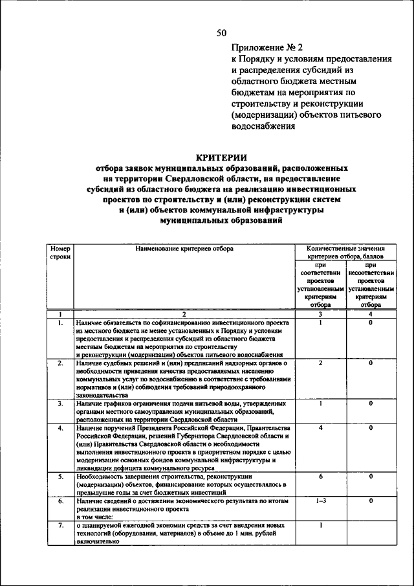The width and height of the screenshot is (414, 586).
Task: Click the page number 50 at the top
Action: click(221, 33)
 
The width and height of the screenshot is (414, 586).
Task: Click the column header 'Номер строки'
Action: click(60, 253)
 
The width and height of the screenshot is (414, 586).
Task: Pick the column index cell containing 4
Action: click(371, 314)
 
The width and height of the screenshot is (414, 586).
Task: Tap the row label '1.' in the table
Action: click(60, 322)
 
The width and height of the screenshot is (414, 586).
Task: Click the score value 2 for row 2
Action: click(320, 363)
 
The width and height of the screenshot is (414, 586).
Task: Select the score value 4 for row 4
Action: click(320, 428)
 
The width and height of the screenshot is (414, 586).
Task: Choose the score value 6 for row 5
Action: click(320, 477)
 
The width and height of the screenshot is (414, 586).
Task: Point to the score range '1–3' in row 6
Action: click(320, 501)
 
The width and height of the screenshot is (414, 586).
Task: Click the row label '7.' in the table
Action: click(60, 525)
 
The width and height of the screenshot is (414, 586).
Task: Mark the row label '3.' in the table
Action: click(60, 403)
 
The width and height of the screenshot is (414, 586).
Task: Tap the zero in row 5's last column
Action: click(371, 477)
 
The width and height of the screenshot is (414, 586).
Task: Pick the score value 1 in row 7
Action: click(320, 525)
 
